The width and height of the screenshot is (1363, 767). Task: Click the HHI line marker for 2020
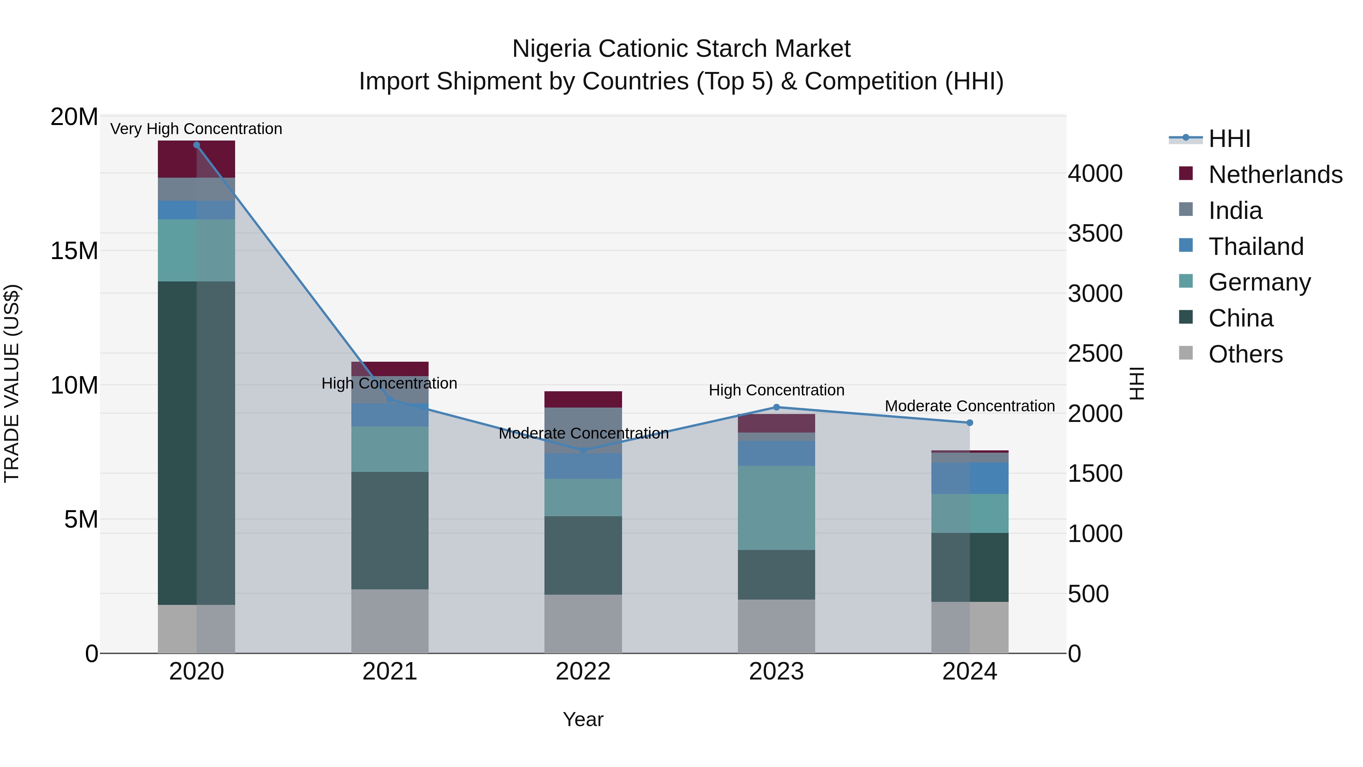coord(196,145)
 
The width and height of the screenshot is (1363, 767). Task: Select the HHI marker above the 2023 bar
coord(776,407)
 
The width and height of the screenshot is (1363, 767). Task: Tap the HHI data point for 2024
coord(969,422)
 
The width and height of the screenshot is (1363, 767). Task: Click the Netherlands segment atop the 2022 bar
coord(583,399)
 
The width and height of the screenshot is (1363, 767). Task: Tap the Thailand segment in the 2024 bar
coord(969,478)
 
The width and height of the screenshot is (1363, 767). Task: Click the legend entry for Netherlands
coord(1275,175)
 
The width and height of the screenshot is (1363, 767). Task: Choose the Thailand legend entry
coord(1255,247)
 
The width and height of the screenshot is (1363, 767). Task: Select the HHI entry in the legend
coord(1229,139)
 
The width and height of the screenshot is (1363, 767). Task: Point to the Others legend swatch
coord(1186,353)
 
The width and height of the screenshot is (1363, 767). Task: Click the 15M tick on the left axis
coord(74,251)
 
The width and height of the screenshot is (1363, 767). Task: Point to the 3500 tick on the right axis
coord(1095,233)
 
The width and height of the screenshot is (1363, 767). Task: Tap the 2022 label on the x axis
coord(583,672)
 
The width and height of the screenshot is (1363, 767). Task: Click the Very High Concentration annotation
coord(196,129)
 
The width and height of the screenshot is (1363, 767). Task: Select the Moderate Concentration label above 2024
coord(969,406)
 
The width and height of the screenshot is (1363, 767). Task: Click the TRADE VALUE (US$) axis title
coord(12,383)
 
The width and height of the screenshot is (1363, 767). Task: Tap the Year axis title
coord(583,719)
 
